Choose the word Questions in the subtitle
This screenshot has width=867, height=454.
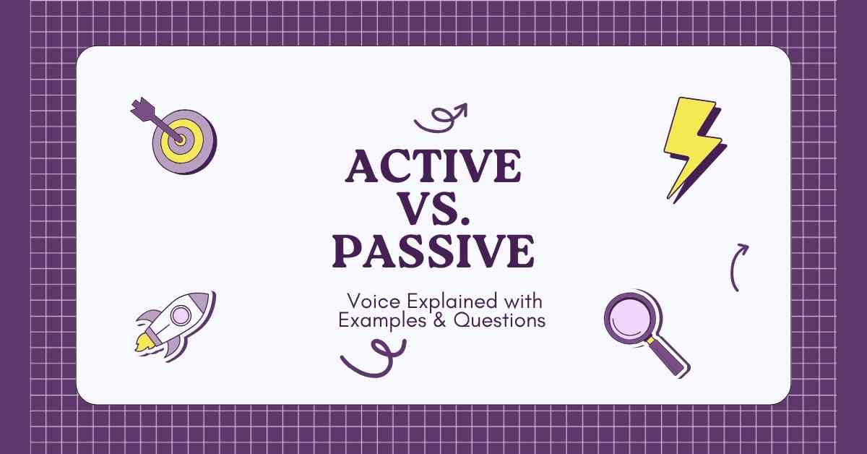tap(500, 320)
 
